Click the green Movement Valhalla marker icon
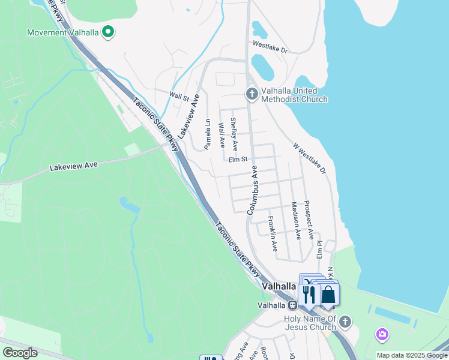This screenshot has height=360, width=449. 109,31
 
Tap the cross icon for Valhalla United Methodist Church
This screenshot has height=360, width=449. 252,93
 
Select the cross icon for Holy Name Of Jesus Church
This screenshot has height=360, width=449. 345,323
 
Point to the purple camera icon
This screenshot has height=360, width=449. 381,334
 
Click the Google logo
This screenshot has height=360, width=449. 20,353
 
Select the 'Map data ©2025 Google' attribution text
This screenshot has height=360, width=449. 412,355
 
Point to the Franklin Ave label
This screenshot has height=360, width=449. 273,233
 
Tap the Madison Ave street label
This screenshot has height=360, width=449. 295,220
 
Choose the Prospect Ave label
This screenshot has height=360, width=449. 309,220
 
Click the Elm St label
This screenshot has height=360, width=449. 238,159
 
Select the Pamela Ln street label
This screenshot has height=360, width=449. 207,134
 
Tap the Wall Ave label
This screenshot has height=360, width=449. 221,136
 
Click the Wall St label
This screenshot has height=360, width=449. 179,95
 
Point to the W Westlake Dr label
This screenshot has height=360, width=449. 309,158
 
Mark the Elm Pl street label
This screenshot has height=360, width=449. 320,250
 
